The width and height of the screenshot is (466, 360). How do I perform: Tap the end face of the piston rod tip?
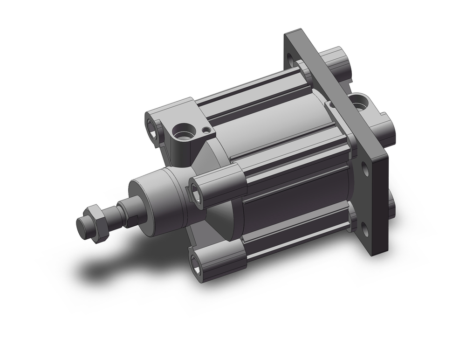click(82, 227)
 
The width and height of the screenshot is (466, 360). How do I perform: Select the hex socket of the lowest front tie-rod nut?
click(195, 264)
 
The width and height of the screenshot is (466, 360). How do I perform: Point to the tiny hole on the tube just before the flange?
click(331, 106)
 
